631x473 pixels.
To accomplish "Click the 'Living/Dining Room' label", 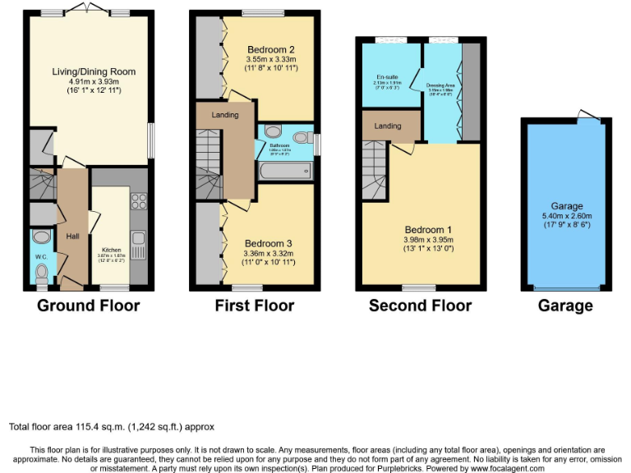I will coord(82,71).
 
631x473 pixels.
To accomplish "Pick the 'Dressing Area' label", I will coord(440,85).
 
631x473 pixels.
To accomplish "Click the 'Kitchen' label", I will coord(111,250).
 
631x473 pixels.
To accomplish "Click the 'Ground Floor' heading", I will coord(89,306).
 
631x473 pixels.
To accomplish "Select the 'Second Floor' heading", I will coord(420,306).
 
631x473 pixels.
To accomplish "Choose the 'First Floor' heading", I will coord(254,306).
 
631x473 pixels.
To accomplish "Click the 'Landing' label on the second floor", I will coord(387,126).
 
